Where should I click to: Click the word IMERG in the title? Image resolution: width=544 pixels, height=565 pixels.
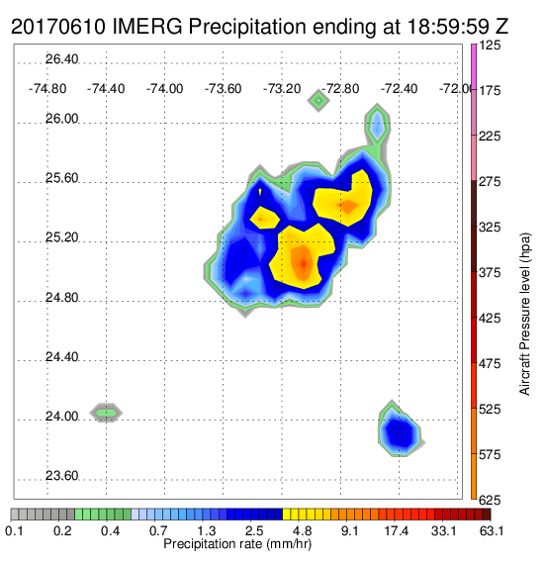click(147, 27)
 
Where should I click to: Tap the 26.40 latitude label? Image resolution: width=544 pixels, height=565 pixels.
click(61, 59)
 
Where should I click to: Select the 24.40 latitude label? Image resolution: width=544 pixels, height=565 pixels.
click(61, 357)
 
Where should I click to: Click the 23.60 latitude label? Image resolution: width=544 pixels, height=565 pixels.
click(61, 476)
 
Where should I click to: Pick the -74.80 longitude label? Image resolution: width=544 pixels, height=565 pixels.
click(47, 89)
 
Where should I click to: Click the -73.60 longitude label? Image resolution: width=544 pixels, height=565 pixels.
click(223, 89)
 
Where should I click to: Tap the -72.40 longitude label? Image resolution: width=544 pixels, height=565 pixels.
click(399, 89)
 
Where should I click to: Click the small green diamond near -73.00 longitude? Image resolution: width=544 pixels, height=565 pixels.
click(318, 101)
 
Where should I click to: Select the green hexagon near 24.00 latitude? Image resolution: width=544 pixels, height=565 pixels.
click(106, 413)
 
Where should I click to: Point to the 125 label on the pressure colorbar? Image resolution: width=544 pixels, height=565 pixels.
click(490, 46)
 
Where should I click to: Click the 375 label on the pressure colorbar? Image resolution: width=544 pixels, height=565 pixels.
click(490, 273)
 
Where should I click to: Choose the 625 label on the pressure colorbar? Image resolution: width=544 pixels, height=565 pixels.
click(490, 500)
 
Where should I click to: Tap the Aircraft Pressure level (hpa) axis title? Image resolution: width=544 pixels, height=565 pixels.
click(525, 314)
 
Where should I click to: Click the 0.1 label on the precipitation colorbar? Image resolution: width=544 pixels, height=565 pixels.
click(15, 530)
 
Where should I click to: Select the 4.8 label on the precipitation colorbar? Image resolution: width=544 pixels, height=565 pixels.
click(303, 530)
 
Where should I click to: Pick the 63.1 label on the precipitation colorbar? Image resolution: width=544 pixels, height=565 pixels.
click(492, 530)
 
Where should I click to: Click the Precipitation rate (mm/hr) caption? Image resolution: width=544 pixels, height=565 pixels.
click(237, 544)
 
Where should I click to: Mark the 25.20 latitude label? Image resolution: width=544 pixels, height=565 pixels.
click(61, 237)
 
